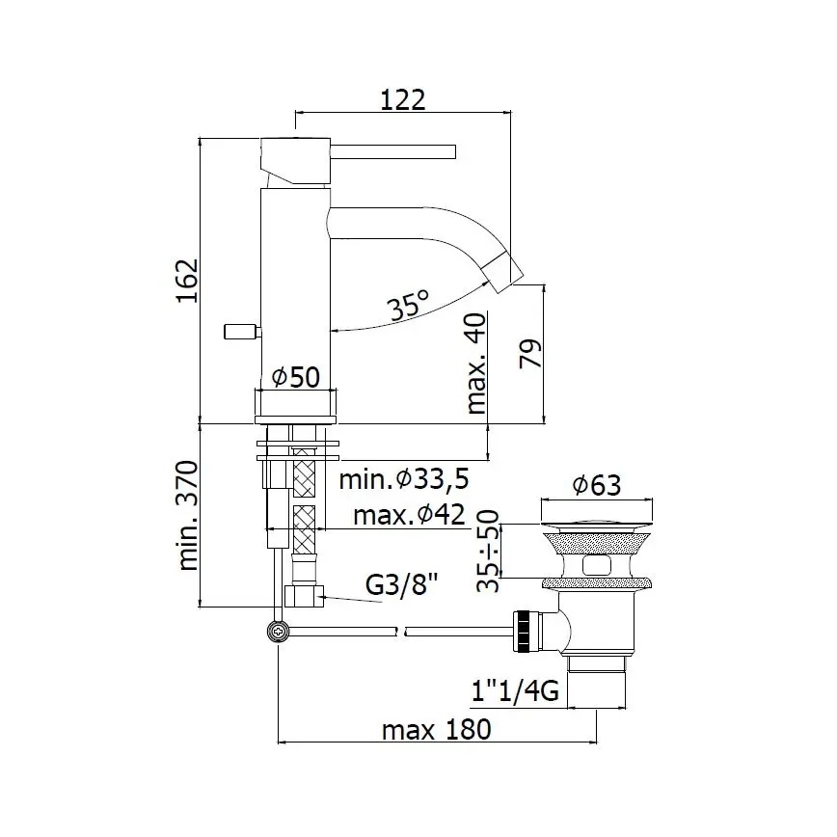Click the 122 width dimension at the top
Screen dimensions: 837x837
tap(402, 99)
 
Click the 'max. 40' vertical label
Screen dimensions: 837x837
tap(475, 363)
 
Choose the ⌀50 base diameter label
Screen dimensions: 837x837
tap(294, 377)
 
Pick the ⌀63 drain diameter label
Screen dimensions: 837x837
tap(595, 486)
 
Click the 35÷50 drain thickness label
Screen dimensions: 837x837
tap(490, 551)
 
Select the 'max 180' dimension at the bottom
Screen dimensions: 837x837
tap(436, 729)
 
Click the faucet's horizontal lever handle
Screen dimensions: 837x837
tap(395, 150)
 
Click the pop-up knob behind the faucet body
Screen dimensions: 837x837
tap(238, 332)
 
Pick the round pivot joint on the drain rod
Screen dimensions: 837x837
tap(279, 632)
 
